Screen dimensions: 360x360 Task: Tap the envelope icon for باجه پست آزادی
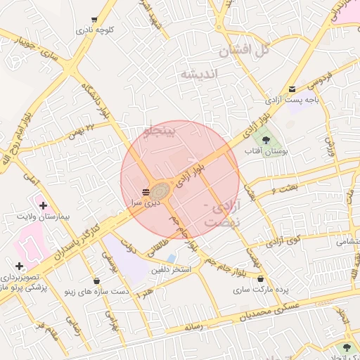pyautogui.click(x=292, y=89)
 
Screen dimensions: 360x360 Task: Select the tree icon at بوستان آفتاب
pyautogui.click(x=265, y=140)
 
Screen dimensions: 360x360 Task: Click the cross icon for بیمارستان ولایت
pyautogui.click(x=44, y=206)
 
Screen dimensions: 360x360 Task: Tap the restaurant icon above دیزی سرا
pyautogui.click(x=145, y=191)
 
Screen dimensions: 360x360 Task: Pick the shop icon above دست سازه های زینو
pyautogui.click(x=96, y=281)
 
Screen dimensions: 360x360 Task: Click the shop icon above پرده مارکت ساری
pyautogui.click(x=261, y=280)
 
